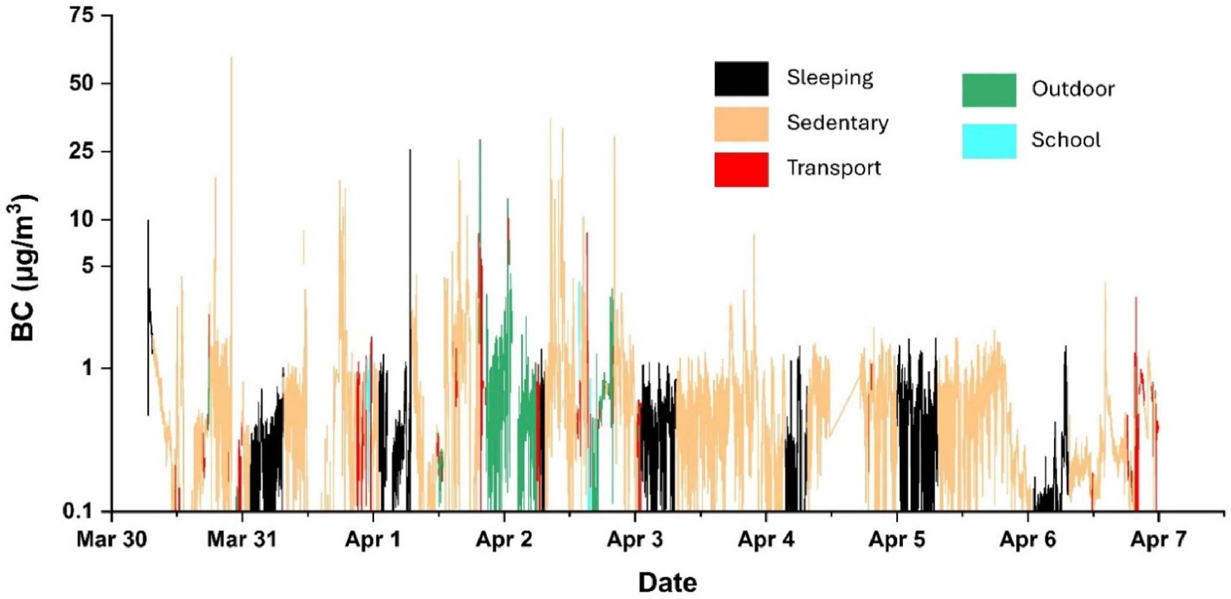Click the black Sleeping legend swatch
click(x=741, y=79)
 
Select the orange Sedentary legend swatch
click(x=741, y=124)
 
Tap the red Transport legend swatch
click(x=741, y=169)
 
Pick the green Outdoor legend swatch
click(x=989, y=90)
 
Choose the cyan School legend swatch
click(x=989, y=141)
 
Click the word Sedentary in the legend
click(x=837, y=123)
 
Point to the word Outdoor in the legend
click(x=1073, y=89)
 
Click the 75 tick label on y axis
click(x=82, y=16)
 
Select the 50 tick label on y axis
click(x=82, y=83)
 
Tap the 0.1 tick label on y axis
click(x=78, y=512)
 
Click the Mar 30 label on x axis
click(x=111, y=540)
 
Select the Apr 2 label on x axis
click(x=504, y=540)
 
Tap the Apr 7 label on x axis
click(x=1159, y=540)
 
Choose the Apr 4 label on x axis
click(x=766, y=540)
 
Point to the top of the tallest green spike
click(x=480, y=141)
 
